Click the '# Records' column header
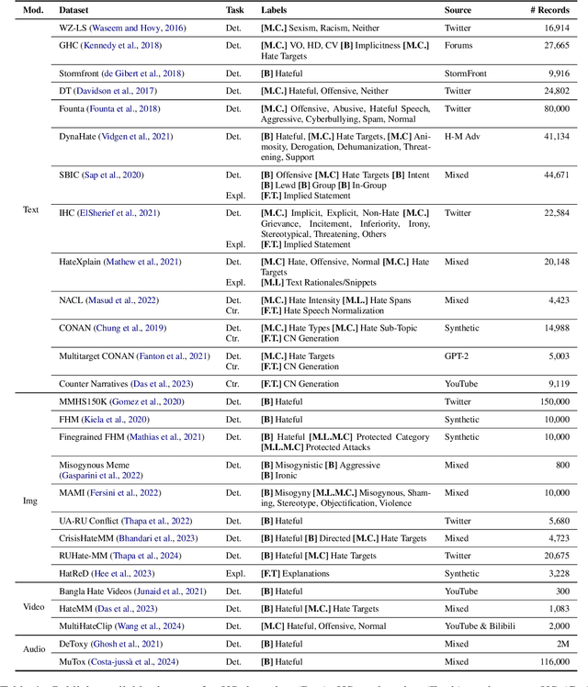pos(547,10)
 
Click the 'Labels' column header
pos(277,10)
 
